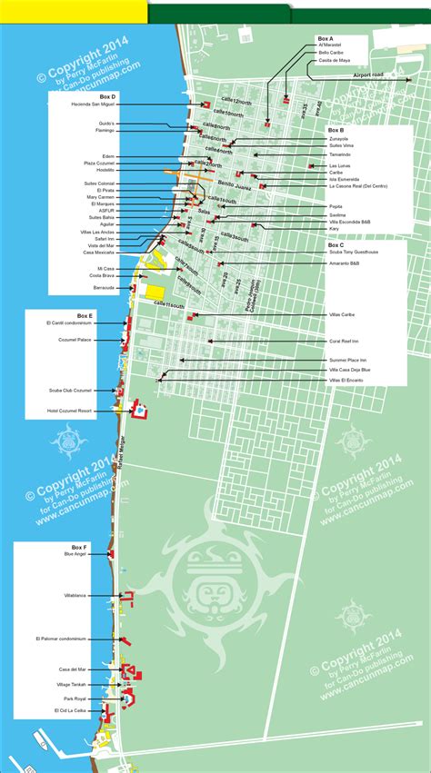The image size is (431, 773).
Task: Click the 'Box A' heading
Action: (326, 38)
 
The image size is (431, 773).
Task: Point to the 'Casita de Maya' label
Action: (333, 61)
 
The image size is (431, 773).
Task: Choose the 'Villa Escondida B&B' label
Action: (349, 221)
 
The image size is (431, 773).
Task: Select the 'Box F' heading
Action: (79, 549)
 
